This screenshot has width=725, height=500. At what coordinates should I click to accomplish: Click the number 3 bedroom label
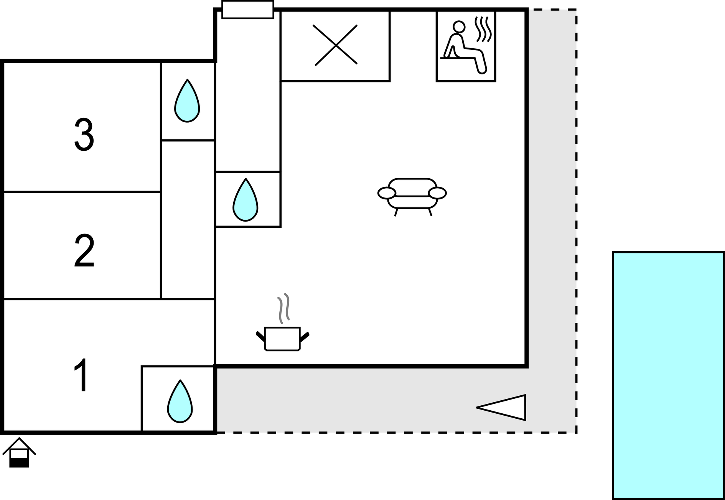click(x=84, y=135)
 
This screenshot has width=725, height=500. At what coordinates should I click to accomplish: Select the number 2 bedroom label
click(x=84, y=251)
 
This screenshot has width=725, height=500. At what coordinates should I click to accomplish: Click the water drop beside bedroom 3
click(x=187, y=101)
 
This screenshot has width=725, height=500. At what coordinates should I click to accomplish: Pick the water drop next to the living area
click(x=246, y=201)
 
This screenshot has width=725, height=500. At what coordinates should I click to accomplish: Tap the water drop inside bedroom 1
click(x=180, y=402)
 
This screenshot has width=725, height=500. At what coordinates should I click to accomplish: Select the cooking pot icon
click(x=282, y=339)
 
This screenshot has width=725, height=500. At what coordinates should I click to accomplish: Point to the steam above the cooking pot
click(x=283, y=308)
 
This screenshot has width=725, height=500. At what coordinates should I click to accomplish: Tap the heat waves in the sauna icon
click(x=483, y=29)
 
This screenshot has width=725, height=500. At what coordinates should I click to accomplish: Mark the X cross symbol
click(x=336, y=45)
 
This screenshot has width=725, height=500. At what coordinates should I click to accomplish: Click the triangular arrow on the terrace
click(x=505, y=407)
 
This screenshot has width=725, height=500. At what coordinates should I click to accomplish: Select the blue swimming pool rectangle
click(x=668, y=375)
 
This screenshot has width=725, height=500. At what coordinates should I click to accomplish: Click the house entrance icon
click(x=19, y=452)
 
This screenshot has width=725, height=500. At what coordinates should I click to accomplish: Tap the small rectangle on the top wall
click(x=248, y=10)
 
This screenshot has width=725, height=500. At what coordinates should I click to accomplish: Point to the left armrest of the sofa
click(x=387, y=193)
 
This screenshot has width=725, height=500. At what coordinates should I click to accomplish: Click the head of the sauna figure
click(x=459, y=26)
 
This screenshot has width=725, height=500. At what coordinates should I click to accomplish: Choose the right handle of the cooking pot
click(x=304, y=337)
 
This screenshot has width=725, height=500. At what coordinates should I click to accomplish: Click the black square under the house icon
click(x=19, y=462)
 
